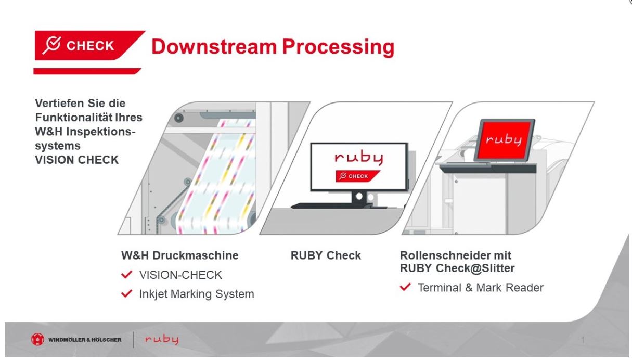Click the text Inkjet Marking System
196,294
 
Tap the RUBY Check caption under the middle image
326,256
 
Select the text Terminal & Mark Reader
481,287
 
